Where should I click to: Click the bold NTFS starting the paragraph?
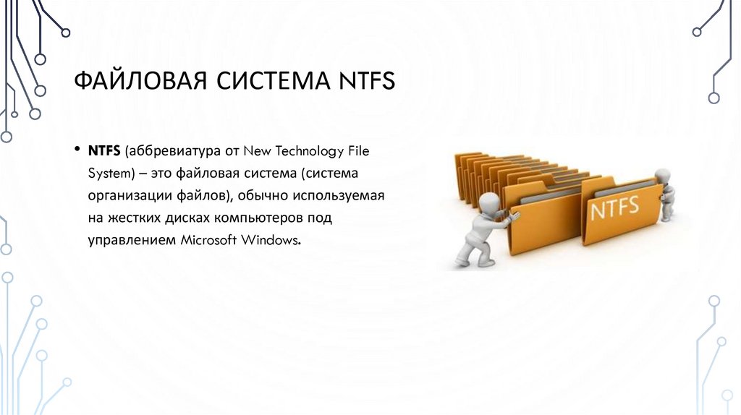(x=104, y=151)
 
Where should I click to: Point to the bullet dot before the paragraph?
(x=76, y=150)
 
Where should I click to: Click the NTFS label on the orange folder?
(x=614, y=209)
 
